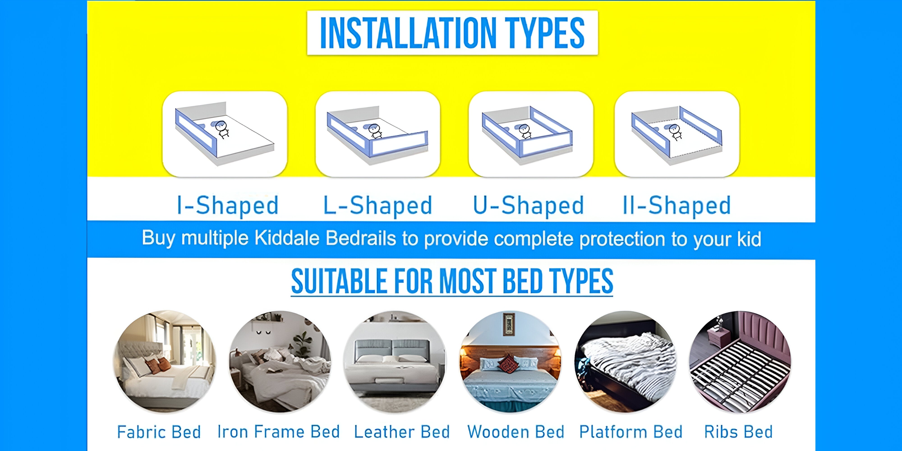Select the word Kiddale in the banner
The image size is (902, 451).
287,238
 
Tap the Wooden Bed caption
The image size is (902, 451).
516,432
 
